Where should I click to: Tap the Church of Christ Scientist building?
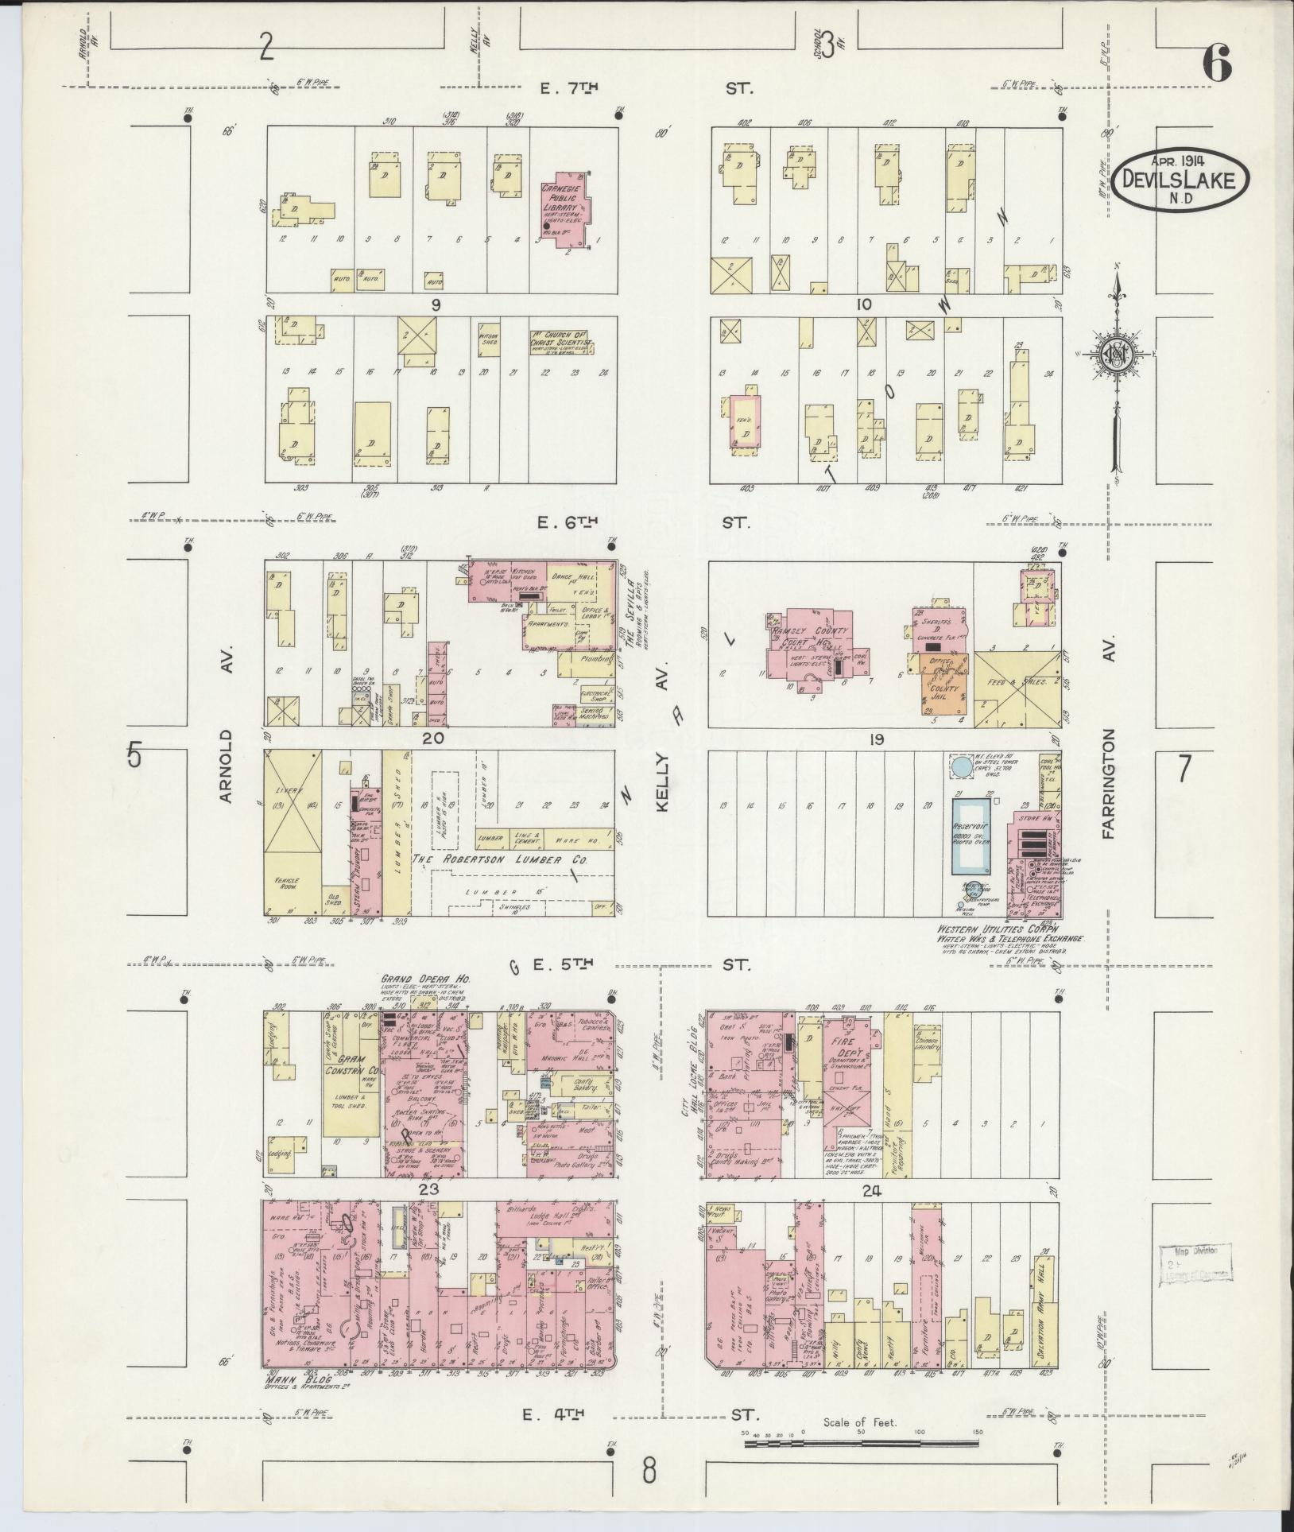(562, 342)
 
